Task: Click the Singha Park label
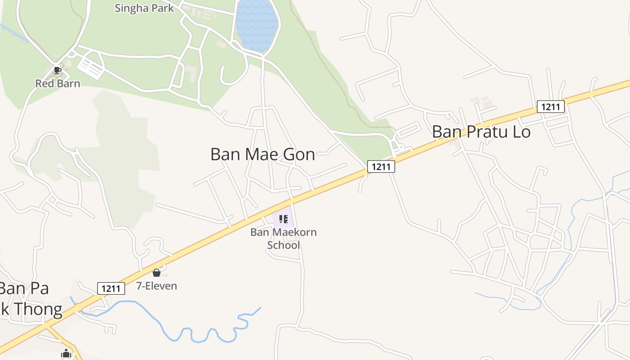[144, 8]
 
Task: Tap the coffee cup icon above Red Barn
[57, 70]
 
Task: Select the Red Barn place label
[58, 84]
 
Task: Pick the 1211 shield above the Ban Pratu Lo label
[550, 107]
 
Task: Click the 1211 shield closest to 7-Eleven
[111, 288]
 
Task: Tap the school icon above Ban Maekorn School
[283, 219]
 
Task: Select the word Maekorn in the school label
[295, 233]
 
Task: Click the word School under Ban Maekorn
[283, 245]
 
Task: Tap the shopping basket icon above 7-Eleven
[157, 273]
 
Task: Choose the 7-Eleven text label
[157, 286]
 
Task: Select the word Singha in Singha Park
[129, 8]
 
